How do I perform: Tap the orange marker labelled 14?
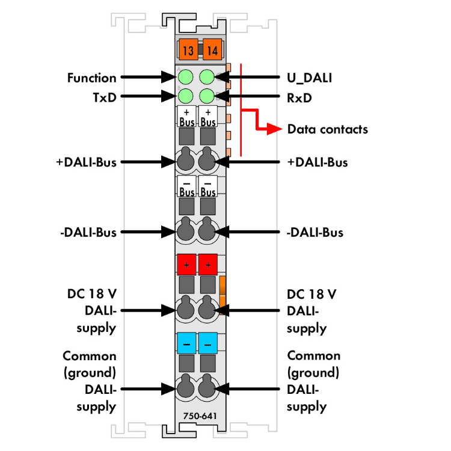[x=211, y=49]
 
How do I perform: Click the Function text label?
[x=91, y=78]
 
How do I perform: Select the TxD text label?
[x=104, y=96]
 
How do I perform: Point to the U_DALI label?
[x=310, y=78]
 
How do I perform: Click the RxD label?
[x=299, y=96]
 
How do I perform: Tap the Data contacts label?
[x=327, y=129]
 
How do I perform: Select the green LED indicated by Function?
[x=186, y=77]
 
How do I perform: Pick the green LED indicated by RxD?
[x=207, y=96]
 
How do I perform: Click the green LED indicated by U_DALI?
[x=207, y=77]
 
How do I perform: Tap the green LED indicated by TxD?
[x=186, y=96]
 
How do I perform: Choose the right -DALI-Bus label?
[x=315, y=232]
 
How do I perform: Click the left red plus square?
[x=186, y=265]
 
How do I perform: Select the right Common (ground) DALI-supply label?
[x=313, y=381]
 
